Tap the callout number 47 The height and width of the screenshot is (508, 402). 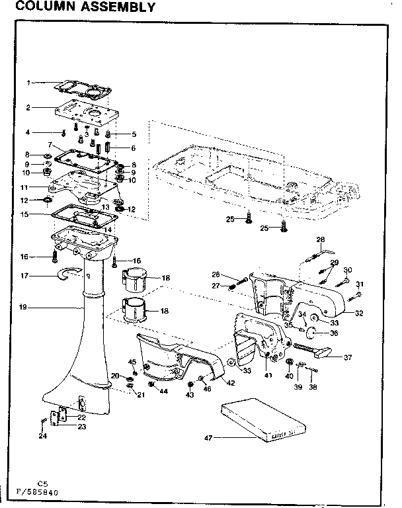tap(208, 437)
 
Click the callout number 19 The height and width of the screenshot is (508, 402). tap(23, 307)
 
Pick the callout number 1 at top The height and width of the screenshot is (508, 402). tap(28, 83)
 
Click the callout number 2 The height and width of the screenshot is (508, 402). tap(28, 107)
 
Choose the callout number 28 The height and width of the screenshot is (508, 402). tap(321, 239)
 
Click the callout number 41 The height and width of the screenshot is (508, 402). tap(268, 375)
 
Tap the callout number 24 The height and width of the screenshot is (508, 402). tap(42, 436)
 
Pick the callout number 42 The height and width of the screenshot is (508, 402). tap(231, 382)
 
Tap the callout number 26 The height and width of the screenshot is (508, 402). tap(216, 274)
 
